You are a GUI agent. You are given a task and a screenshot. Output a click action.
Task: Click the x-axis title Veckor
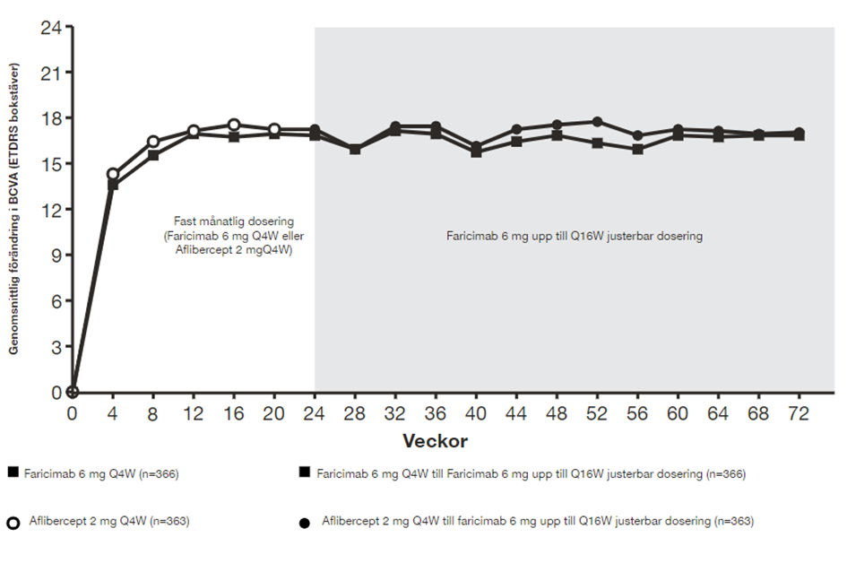pyautogui.click(x=435, y=441)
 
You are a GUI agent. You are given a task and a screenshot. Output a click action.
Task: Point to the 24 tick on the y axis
pyautogui.click(x=50, y=27)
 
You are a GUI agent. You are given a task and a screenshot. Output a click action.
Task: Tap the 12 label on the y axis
pyautogui.click(x=50, y=210)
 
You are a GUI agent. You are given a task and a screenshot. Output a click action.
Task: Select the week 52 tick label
pyautogui.click(x=597, y=414)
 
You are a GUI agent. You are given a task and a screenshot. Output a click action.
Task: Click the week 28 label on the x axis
pyautogui.click(x=355, y=414)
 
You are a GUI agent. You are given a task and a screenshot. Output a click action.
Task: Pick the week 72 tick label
pyautogui.click(x=799, y=414)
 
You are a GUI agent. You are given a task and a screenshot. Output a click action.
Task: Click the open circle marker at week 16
pyautogui.click(x=234, y=126)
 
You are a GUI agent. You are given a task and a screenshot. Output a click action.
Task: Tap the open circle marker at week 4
pyautogui.click(x=113, y=174)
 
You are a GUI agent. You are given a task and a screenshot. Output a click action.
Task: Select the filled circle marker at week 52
pyautogui.click(x=597, y=122)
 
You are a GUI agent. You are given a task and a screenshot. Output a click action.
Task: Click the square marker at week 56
pyautogui.click(x=637, y=150)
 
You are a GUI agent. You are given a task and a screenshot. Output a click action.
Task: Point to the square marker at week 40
pyautogui.click(x=476, y=152)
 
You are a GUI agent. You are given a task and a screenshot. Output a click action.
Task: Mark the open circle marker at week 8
pyautogui.click(x=153, y=142)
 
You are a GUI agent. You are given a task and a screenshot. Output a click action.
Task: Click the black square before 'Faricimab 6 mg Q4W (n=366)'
pyautogui.click(x=13, y=472)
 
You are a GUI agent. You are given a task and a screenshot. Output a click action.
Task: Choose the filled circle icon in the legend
pyautogui.click(x=306, y=523)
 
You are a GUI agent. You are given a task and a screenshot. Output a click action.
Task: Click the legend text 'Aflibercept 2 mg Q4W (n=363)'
pyautogui.click(x=108, y=521)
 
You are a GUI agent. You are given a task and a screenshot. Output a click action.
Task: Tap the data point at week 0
pyautogui.click(x=73, y=392)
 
